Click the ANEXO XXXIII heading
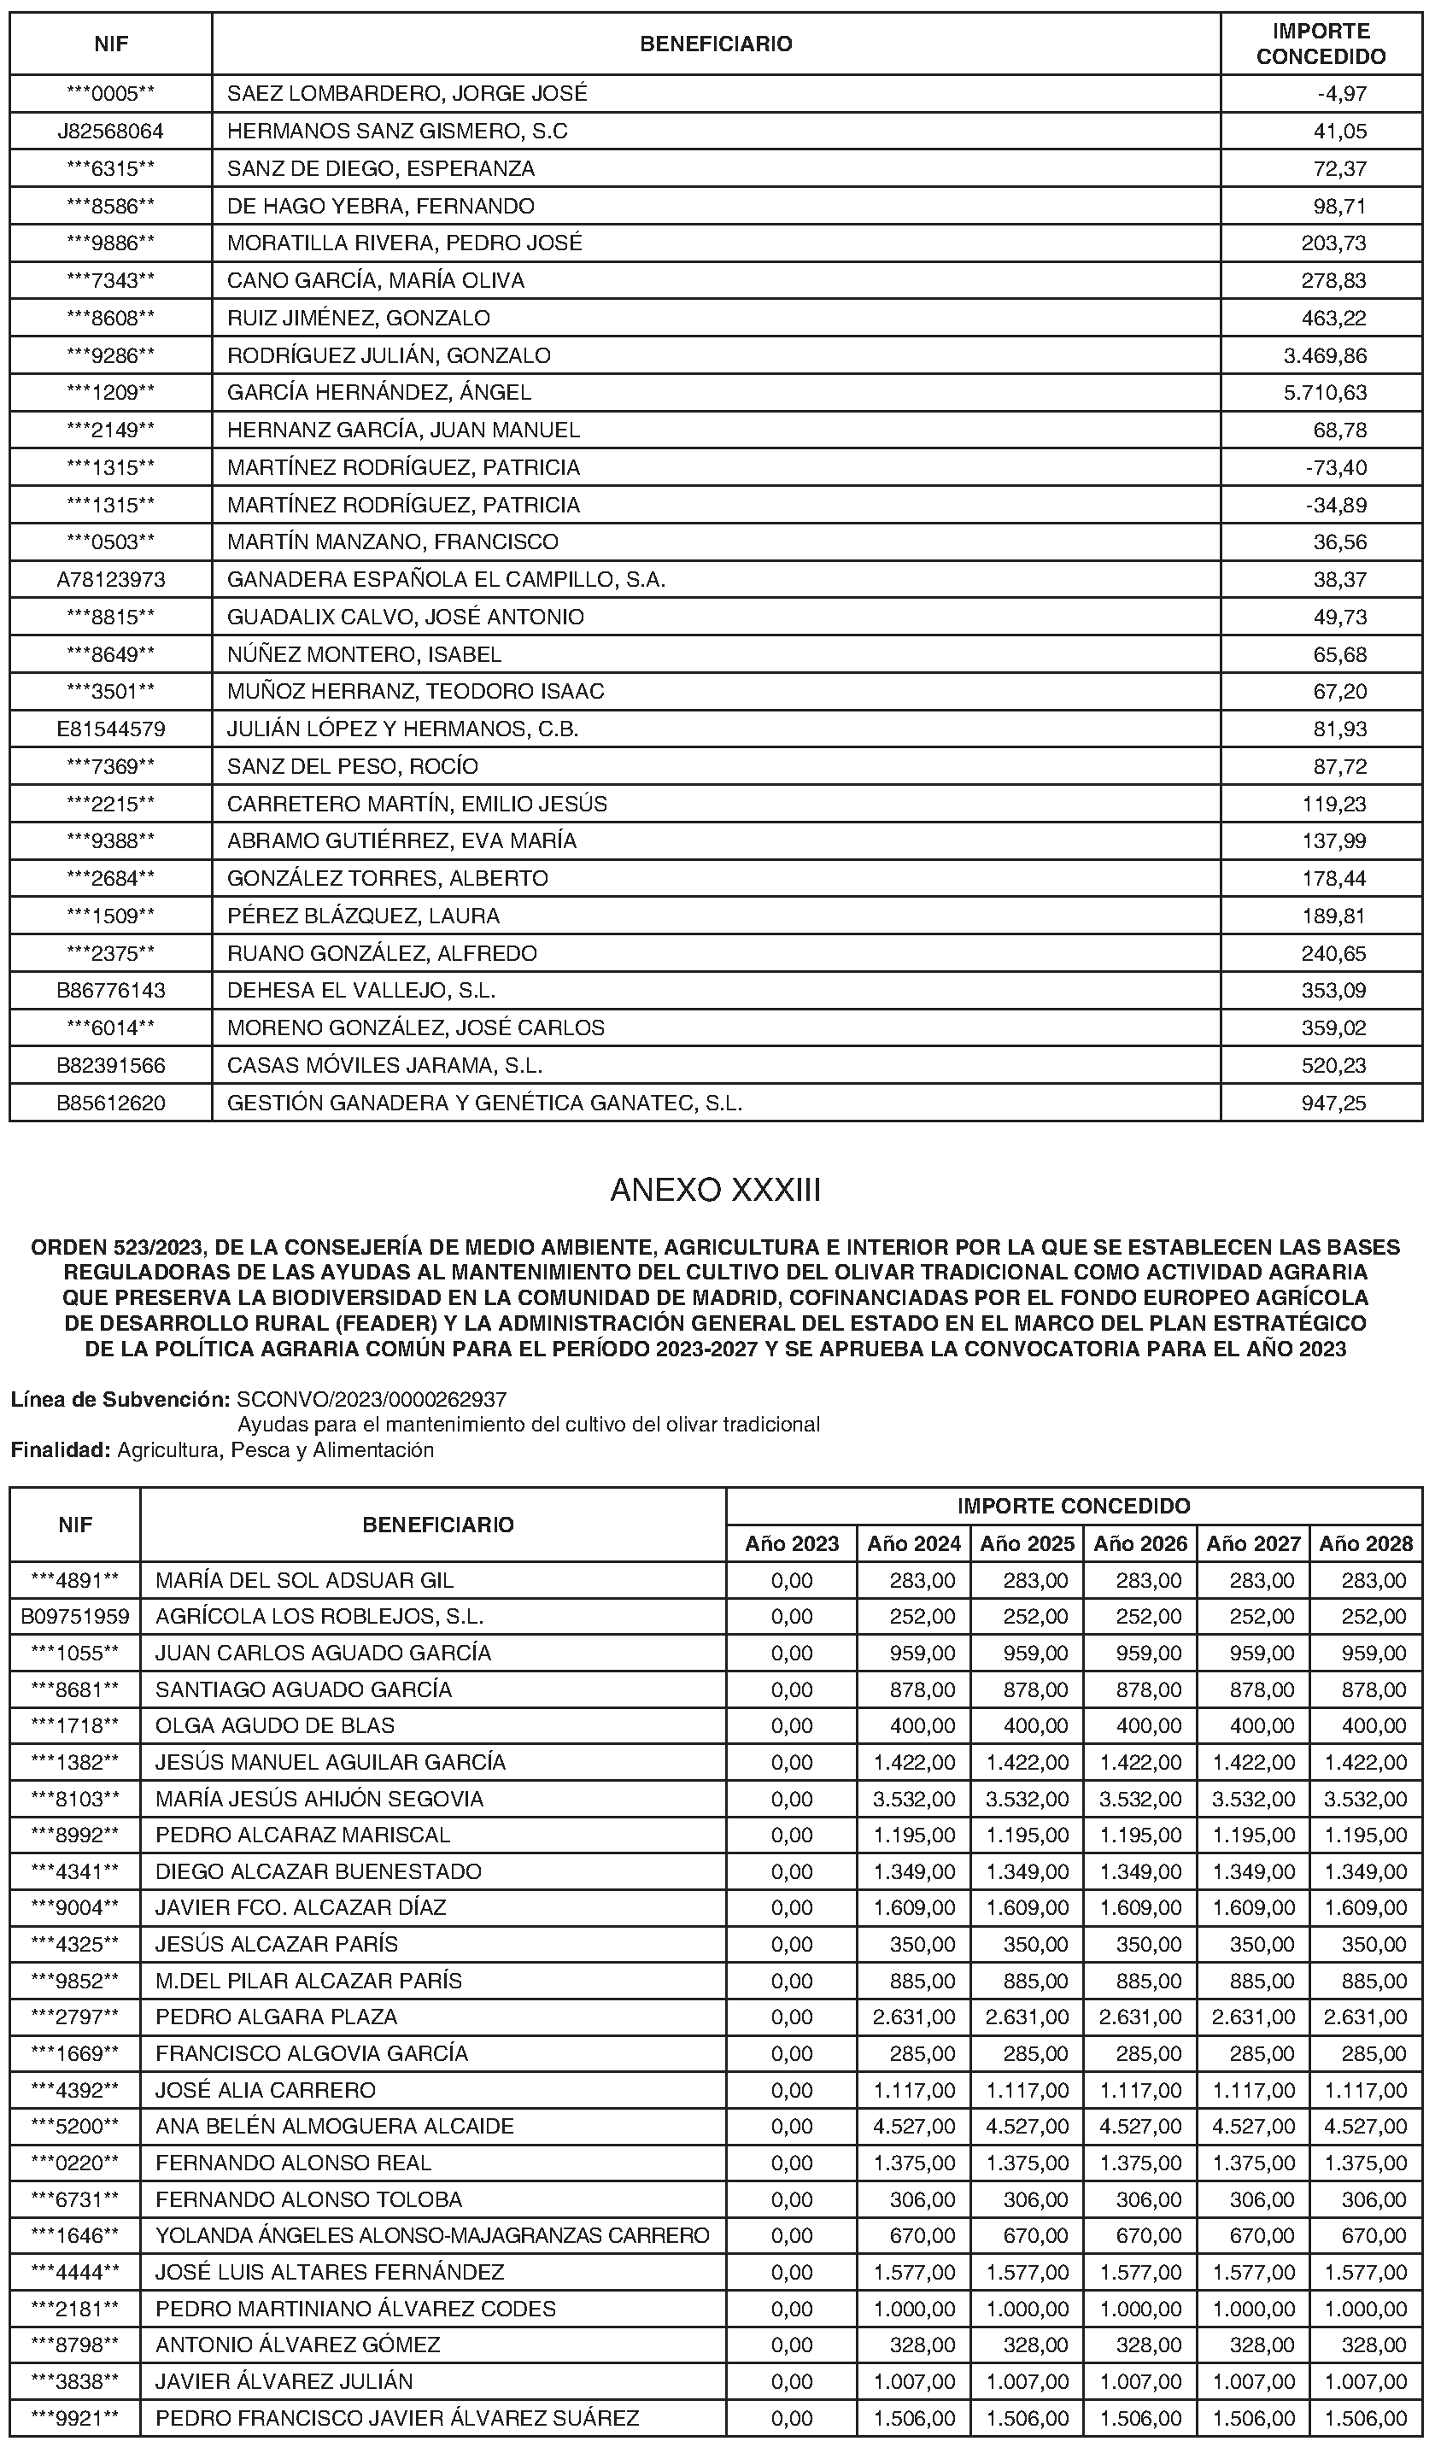[716, 1191]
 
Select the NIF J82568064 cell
[110, 132]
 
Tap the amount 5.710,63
[1325, 393]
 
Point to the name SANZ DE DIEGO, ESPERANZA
[381, 168]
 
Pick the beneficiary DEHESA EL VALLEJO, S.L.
[361, 991]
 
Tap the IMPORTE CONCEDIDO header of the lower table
[1073, 1507]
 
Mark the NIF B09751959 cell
[75, 1617]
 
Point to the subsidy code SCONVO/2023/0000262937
[372, 1400]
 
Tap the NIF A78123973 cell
[110, 580]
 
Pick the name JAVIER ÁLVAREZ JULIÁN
[284, 2382]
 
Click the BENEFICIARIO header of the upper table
[716, 44]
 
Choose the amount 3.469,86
[1325, 356]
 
